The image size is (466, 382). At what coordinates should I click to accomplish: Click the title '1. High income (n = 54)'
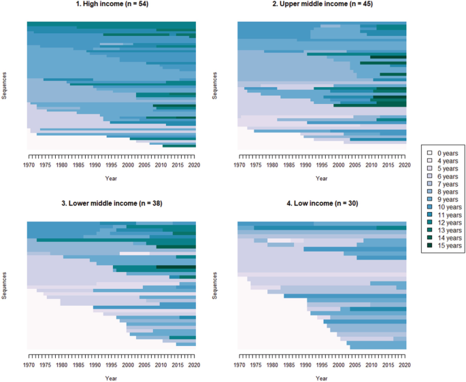point(112,5)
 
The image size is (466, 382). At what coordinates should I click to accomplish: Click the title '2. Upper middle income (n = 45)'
point(321,5)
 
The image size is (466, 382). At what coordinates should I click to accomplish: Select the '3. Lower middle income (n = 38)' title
point(112,204)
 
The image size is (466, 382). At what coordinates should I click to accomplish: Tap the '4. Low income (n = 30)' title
point(321,204)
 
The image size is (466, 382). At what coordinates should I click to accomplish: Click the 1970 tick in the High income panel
point(29,165)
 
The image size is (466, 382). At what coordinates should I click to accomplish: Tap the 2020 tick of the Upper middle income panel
point(406,165)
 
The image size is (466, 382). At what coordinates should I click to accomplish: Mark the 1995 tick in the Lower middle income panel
point(112,365)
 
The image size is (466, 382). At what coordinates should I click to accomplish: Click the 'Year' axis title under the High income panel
point(112,179)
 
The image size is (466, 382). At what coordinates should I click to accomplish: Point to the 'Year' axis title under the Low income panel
point(321,378)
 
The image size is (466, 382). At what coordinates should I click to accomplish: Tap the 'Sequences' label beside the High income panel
point(5,85)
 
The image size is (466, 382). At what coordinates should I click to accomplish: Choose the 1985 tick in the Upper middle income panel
point(288,165)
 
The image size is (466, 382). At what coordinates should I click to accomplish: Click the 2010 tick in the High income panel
point(162,165)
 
